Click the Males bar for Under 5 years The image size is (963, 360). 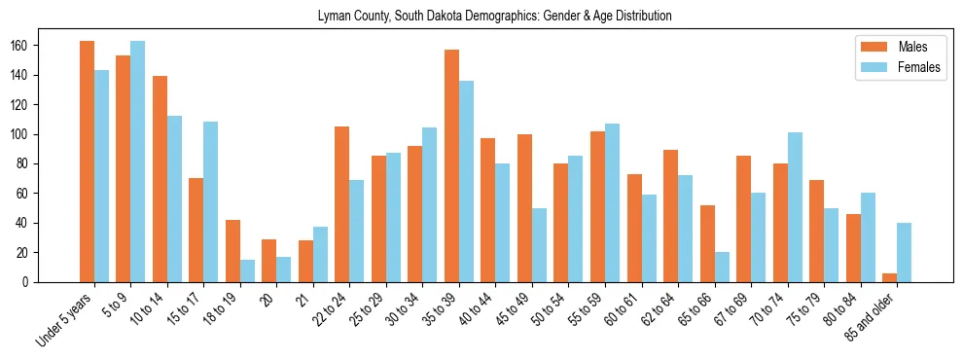pos(87,162)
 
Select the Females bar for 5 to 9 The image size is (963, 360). pos(137,162)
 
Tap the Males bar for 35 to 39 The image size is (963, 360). pos(451,165)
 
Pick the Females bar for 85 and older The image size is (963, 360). pos(904,252)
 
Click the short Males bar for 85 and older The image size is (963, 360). pos(889,277)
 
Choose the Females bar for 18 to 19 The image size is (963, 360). pos(247,270)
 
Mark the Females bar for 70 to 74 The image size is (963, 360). pos(794,193)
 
